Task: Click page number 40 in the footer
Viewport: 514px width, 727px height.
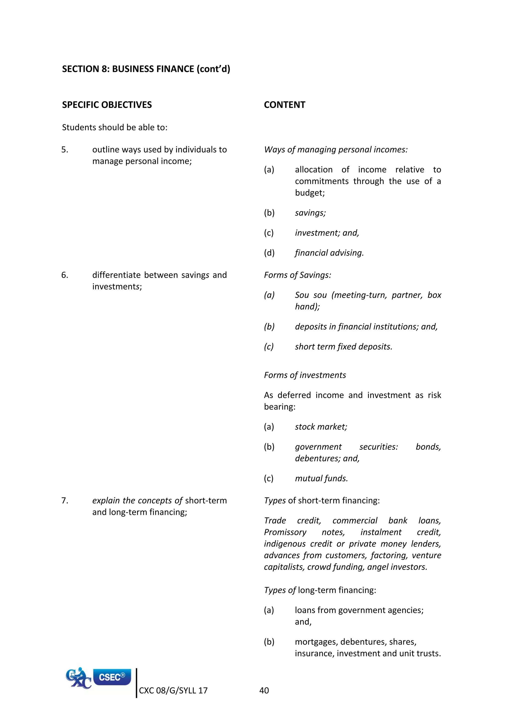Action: pos(264,690)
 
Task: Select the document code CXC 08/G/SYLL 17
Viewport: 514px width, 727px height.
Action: pos(173,690)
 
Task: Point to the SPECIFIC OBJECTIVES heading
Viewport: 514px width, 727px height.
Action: pos(107,105)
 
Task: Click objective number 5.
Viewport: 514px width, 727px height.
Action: pos(65,149)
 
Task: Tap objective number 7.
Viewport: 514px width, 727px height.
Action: pos(65,500)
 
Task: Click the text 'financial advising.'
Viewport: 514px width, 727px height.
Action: pos(329,253)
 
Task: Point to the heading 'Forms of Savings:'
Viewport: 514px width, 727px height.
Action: pos(297,275)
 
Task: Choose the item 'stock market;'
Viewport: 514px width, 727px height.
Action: pos(321,427)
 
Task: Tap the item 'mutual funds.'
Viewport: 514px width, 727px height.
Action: pos(321,478)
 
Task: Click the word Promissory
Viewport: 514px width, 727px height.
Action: pos(285,532)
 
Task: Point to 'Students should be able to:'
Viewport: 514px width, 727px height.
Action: pos(115,127)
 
